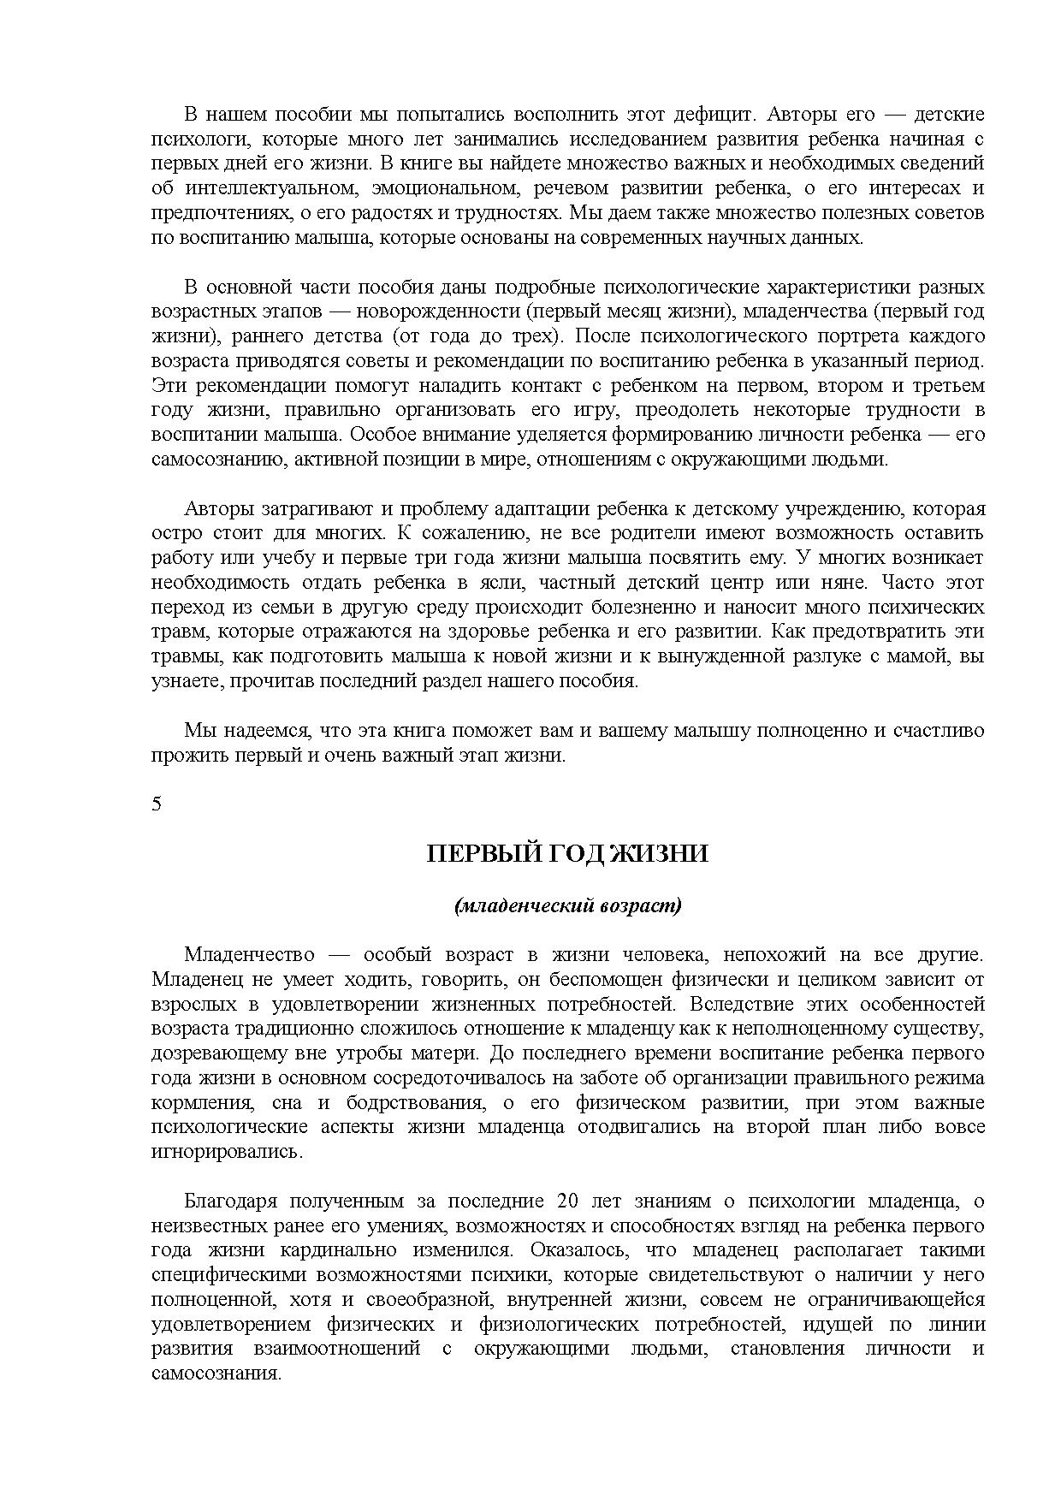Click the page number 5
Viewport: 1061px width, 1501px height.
pyautogui.click(x=157, y=804)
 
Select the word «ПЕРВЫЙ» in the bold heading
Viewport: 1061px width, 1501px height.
pyautogui.click(x=476, y=854)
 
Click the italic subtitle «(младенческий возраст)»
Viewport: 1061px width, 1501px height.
pyautogui.click(x=568, y=905)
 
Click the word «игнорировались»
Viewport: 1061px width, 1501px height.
pyautogui.click(x=227, y=1151)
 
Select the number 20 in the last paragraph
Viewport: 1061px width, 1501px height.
pyautogui.click(x=567, y=1201)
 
